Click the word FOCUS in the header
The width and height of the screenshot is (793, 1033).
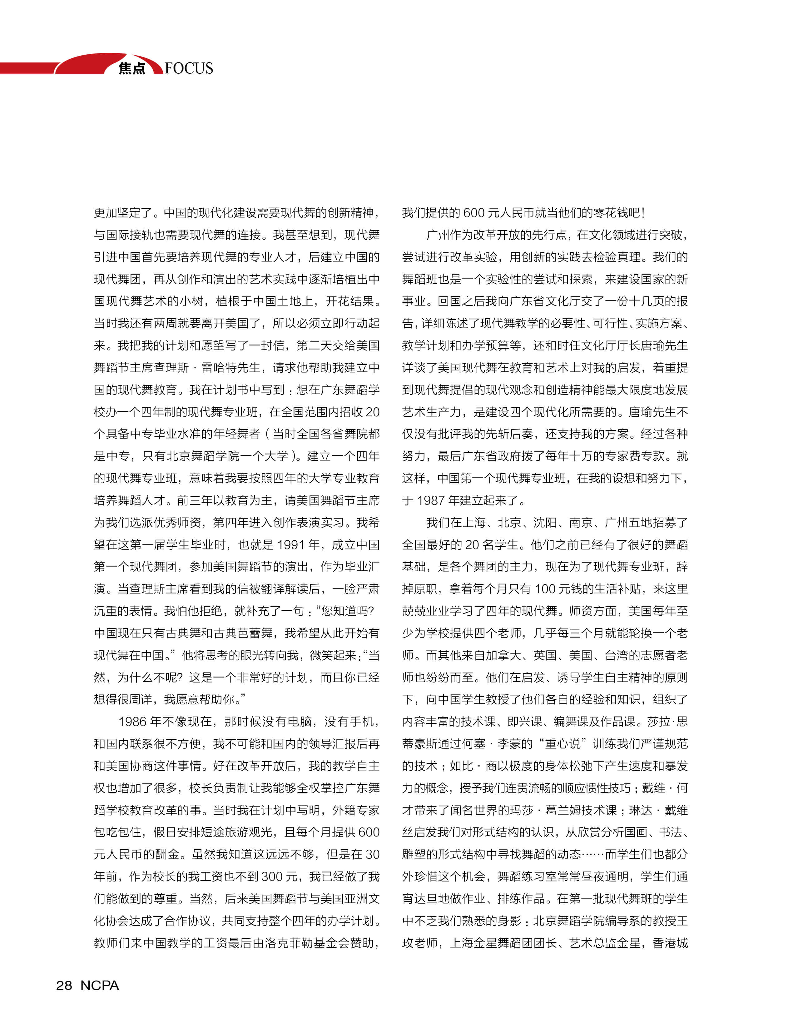(189, 68)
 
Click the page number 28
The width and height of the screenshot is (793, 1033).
(64, 985)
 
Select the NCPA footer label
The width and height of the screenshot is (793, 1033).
(100, 985)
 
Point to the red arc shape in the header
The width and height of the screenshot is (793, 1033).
(94, 61)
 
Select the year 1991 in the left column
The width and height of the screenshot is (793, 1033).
(291, 545)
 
